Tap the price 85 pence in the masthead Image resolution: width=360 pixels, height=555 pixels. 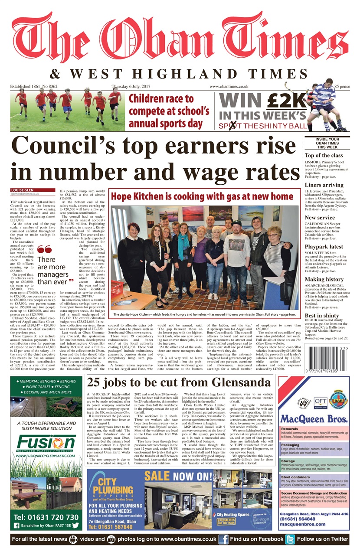point(342,87)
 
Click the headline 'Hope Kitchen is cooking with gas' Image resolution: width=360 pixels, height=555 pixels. point(202,196)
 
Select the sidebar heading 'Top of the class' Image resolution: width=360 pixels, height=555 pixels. point(324,155)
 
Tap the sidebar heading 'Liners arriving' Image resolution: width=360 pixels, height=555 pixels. point(324,185)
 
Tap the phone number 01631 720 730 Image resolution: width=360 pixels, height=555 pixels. point(46,517)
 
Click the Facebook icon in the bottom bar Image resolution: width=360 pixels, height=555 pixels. point(223,539)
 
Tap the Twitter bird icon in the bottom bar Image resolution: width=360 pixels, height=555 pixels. point(290,539)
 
